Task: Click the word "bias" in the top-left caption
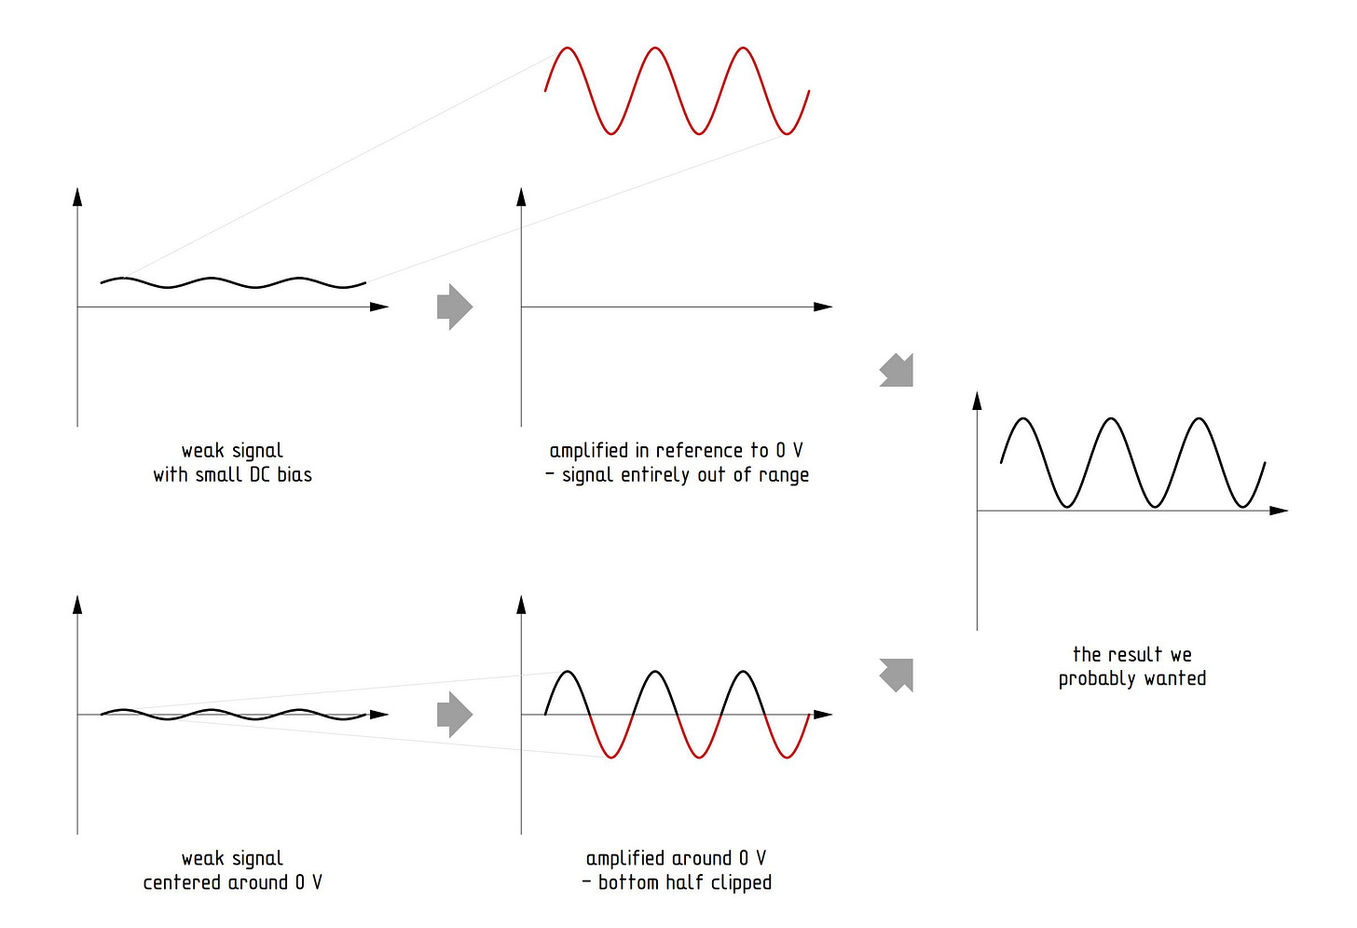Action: click(294, 475)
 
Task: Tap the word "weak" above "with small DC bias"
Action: click(202, 451)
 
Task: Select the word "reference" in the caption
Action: click(700, 451)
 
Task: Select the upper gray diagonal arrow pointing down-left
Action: click(897, 370)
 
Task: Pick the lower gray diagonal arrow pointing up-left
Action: click(897, 675)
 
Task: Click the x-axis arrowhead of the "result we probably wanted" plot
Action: click(1280, 511)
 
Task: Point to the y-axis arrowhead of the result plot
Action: click(977, 401)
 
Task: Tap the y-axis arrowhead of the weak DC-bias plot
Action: click(77, 197)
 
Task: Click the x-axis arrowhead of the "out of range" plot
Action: click(823, 307)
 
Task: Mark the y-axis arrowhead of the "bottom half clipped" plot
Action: click(521, 605)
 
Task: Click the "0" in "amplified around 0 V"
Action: click(743, 859)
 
